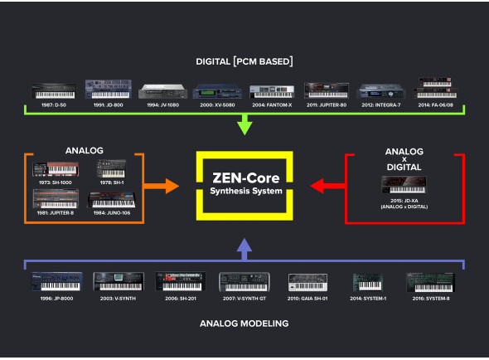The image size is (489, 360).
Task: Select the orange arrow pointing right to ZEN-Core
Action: coord(169,187)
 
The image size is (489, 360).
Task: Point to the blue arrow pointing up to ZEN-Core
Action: coord(244,246)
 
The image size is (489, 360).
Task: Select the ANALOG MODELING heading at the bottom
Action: coord(244,324)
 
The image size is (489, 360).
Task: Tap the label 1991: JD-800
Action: coord(107,105)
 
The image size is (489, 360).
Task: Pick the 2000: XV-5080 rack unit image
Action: coord(216,92)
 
